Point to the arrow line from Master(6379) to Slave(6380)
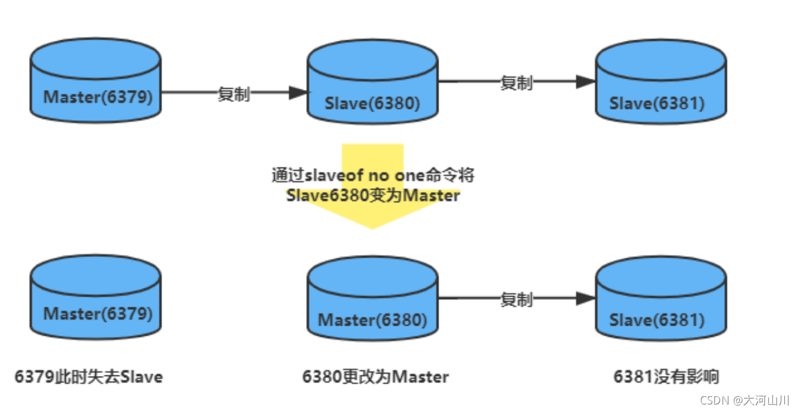click(x=189, y=92)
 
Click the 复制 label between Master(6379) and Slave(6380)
click(x=234, y=94)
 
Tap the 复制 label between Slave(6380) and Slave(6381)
click(x=516, y=82)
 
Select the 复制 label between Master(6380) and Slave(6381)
click(x=516, y=300)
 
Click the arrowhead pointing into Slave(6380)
click(x=299, y=92)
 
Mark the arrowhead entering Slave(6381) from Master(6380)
click(x=585, y=299)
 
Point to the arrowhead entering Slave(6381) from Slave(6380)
click(x=585, y=82)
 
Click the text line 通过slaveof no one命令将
click(x=373, y=175)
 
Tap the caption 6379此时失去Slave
click(x=89, y=377)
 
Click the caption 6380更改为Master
click(x=375, y=377)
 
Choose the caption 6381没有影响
click(x=666, y=377)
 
